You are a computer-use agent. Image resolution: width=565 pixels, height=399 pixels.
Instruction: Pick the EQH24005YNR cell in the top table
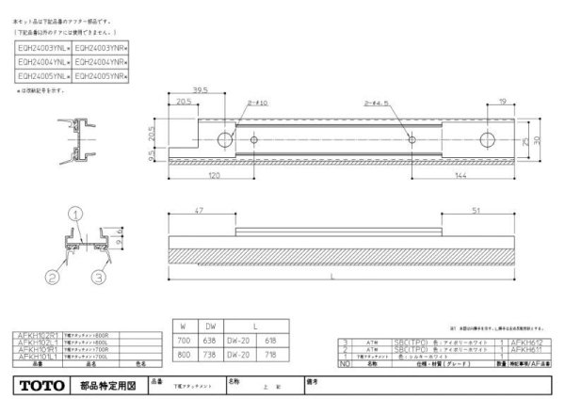[100, 73]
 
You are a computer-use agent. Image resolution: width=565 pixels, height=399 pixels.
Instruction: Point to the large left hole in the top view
[226, 139]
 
